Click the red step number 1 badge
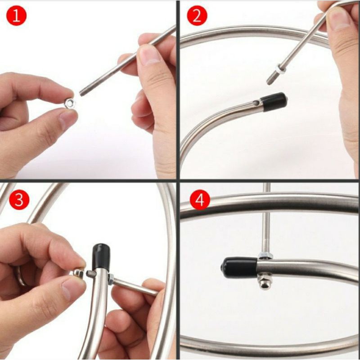tap(16, 16)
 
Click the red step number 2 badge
tap(197, 16)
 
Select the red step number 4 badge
tap(200, 199)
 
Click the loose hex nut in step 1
tap(70, 103)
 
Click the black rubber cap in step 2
tap(274, 102)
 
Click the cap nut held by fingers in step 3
tap(78, 274)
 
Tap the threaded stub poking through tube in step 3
tap(91, 274)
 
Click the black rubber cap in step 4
tap(240, 267)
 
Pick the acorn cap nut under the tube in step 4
tap(265, 282)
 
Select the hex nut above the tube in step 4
tap(265, 256)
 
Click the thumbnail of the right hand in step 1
tap(149, 55)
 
